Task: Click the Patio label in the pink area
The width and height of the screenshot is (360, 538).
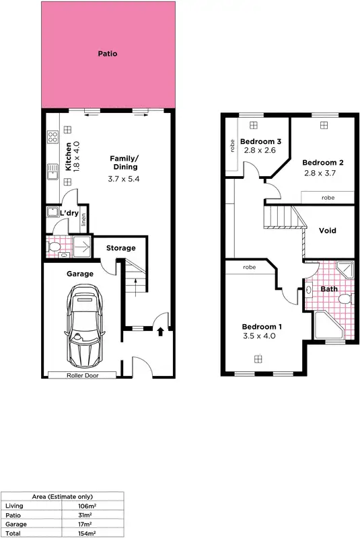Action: tap(107, 53)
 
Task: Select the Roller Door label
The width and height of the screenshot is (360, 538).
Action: tap(82, 375)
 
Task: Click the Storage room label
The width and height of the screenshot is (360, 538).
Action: tap(120, 248)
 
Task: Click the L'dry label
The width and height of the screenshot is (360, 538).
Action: tap(69, 213)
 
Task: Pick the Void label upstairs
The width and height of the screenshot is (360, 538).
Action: tap(328, 231)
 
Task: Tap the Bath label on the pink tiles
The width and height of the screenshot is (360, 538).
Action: tap(329, 289)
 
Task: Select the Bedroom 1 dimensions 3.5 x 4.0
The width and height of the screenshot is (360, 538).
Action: tap(262, 338)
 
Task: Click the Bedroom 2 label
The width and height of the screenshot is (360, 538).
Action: tap(323, 163)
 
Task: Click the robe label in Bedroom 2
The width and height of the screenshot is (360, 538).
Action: tap(328, 198)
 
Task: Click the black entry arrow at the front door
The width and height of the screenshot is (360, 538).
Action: tap(159, 331)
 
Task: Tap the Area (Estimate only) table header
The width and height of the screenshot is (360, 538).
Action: tap(63, 496)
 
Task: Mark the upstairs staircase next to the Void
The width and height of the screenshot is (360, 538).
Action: tap(279, 218)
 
